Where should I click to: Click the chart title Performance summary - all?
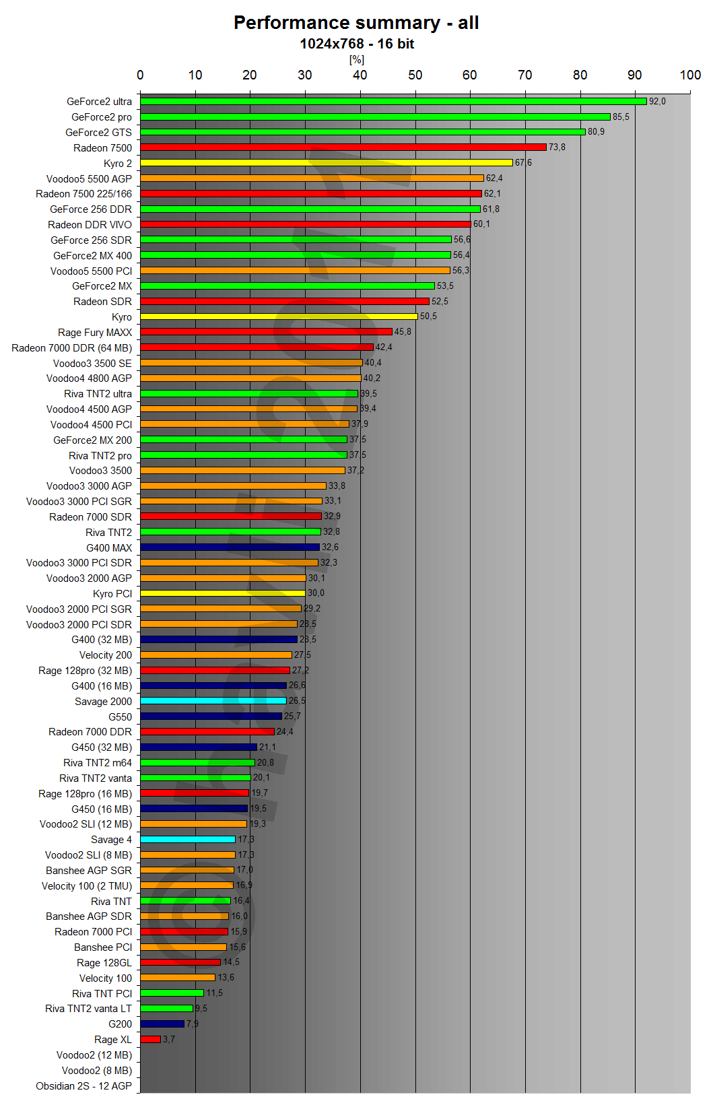[356, 23]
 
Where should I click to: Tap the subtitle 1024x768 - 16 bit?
[356, 44]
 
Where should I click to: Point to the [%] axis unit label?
[356, 60]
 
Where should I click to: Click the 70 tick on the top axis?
[524, 75]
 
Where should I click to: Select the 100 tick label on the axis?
[690, 75]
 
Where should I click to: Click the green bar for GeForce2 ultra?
[393, 102]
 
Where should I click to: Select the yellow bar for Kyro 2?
[327, 163]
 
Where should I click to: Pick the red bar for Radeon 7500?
[343, 147]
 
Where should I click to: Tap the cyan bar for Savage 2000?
[213, 701]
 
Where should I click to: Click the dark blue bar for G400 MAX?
[230, 547]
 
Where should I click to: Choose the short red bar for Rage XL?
[151, 1040]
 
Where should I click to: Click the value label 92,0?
[657, 102]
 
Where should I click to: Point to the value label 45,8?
[403, 332]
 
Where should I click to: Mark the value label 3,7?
[168, 1040]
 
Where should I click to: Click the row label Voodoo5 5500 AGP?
[89, 179]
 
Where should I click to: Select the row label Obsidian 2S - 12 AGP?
[83, 1086]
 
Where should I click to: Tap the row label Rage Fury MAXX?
[95, 333]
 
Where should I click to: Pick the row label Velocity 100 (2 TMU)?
[87, 886]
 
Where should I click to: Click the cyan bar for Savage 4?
[188, 840]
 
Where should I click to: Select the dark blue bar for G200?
[162, 1024]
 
